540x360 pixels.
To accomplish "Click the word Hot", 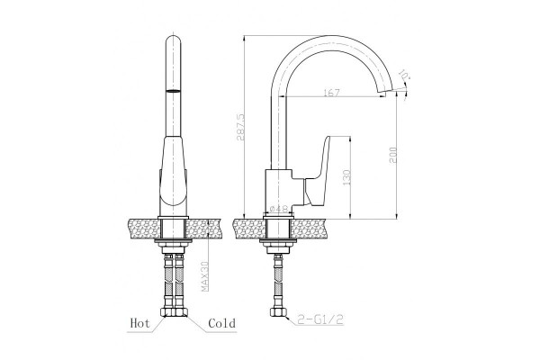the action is [140, 323].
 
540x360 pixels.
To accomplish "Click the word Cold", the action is [222, 323].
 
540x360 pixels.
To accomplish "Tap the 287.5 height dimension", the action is [240, 127].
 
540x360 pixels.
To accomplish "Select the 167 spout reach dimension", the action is [331, 93].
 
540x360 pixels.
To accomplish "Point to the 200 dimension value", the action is [394, 155].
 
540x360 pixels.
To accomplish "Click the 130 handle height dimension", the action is [346, 177].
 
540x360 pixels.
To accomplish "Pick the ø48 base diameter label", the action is [279, 209].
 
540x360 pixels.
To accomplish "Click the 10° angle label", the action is [403, 75].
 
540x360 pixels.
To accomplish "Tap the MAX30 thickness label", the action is [205, 276].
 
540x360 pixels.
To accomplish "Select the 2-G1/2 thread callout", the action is [320, 320].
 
